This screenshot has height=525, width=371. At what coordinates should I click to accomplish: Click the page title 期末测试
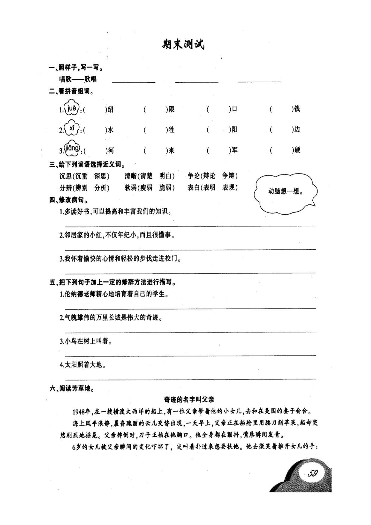coord(183,45)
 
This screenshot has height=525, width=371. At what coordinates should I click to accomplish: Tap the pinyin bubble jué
coord(72,108)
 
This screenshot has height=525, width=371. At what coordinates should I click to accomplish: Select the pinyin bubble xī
coord(72,128)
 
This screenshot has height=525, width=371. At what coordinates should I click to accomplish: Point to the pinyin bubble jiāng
coord(72,149)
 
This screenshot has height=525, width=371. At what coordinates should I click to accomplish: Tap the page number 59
coord(312,473)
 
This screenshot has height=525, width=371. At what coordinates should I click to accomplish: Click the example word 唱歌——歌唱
coord(78,79)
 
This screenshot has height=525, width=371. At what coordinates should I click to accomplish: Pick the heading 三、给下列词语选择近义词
coord(87,164)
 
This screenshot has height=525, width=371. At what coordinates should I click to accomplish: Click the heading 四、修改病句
coord(68,200)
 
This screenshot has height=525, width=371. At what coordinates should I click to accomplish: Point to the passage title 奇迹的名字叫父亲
coord(189,399)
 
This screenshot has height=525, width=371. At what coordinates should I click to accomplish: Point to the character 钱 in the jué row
coord(297,109)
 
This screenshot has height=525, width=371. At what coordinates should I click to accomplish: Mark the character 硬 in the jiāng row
coord(297,150)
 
